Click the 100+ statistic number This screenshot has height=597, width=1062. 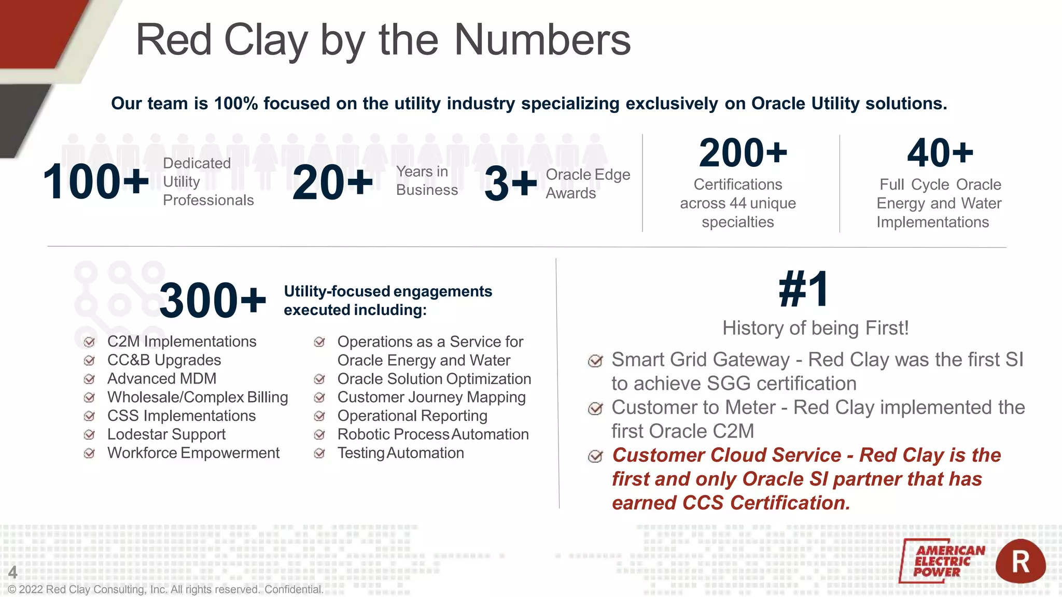(x=96, y=181)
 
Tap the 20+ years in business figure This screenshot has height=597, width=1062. (x=332, y=182)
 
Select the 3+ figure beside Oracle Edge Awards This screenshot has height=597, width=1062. (x=510, y=183)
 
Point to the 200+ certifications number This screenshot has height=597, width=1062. (x=743, y=153)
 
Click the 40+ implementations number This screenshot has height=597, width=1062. (x=940, y=153)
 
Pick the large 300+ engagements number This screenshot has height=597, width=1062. (x=213, y=301)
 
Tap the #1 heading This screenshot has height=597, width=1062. (x=804, y=290)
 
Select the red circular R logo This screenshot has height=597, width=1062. (x=1020, y=561)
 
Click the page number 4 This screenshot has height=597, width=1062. (x=12, y=572)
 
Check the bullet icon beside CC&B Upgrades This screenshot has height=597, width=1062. (x=89, y=360)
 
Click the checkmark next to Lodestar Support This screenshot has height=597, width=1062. (x=89, y=434)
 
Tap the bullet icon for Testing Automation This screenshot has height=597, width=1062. (x=319, y=453)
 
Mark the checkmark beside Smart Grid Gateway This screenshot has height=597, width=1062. (x=595, y=361)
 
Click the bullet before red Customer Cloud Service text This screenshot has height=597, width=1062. (x=595, y=456)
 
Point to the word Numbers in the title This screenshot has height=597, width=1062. (x=542, y=40)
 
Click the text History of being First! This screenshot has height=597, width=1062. (x=815, y=328)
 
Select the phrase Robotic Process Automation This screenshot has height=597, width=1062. (x=432, y=434)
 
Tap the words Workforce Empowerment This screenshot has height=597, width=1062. (x=193, y=453)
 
